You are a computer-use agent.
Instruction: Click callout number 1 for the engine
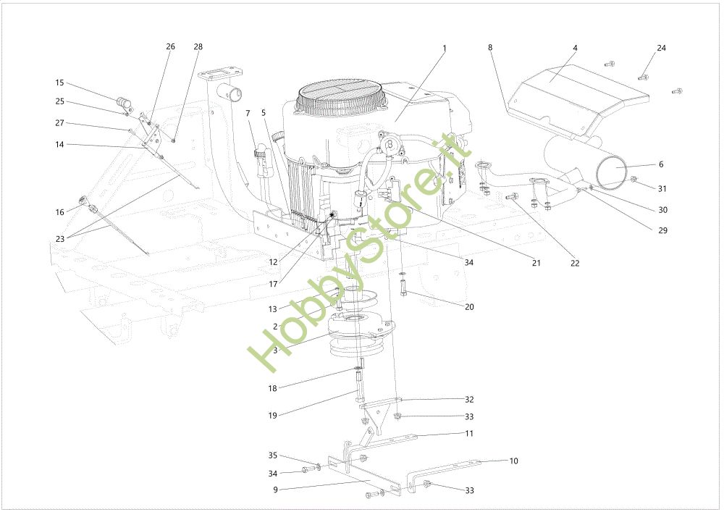point(445,49)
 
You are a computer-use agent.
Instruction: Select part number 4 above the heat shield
point(575,48)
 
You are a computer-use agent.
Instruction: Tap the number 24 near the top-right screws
point(661,48)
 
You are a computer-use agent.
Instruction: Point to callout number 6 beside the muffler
point(661,164)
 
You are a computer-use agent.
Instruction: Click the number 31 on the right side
point(662,188)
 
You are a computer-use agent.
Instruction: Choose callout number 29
point(662,230)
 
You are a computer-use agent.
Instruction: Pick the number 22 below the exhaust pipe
point(575,263)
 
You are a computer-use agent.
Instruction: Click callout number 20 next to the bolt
point(469,307)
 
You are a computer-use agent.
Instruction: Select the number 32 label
point(469,399)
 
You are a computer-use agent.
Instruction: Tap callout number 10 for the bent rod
point(514,461)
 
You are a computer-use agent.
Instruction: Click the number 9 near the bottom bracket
point(276,490)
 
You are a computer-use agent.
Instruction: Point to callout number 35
point(273,456)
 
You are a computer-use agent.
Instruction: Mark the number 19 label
point(273,415)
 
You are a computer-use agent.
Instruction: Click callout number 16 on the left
point(59,211)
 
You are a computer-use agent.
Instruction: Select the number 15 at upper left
point(59,83)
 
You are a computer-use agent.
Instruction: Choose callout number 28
point(198,46)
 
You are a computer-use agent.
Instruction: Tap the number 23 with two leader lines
point(59,239)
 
